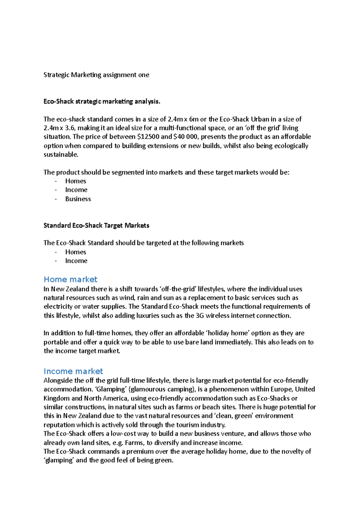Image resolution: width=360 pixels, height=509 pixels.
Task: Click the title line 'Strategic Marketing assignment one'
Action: (96, 75)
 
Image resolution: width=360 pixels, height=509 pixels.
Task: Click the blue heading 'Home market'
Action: (70, 279)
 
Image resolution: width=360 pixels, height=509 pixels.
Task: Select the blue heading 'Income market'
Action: (73, 371)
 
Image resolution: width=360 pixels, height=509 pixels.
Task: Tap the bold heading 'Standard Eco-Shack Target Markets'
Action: (96, 225)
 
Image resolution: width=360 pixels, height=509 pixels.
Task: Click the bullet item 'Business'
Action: (78, 199)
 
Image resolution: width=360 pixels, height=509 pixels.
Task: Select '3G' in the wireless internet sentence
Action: (199, 316)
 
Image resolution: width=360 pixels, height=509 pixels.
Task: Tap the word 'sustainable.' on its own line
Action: (61, 155)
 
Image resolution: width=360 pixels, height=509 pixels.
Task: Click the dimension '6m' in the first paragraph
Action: (194, 119)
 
